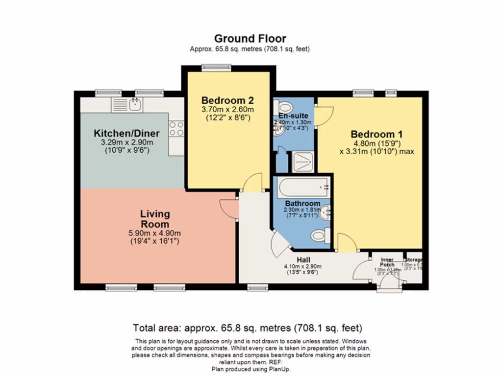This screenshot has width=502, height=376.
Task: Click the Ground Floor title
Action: [x=250, y=39]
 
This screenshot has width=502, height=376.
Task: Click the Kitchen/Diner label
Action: [x=126, y=133]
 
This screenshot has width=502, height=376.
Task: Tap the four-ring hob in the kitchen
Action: [x=176, y=129]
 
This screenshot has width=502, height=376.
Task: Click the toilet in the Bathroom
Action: [x=320, y=236]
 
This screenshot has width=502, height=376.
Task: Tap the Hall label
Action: [x=303, y=259]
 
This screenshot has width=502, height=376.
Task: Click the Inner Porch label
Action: [x=387, y=262]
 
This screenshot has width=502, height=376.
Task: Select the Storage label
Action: [x=413, y=260]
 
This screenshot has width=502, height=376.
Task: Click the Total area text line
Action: [x=248, y=328]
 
